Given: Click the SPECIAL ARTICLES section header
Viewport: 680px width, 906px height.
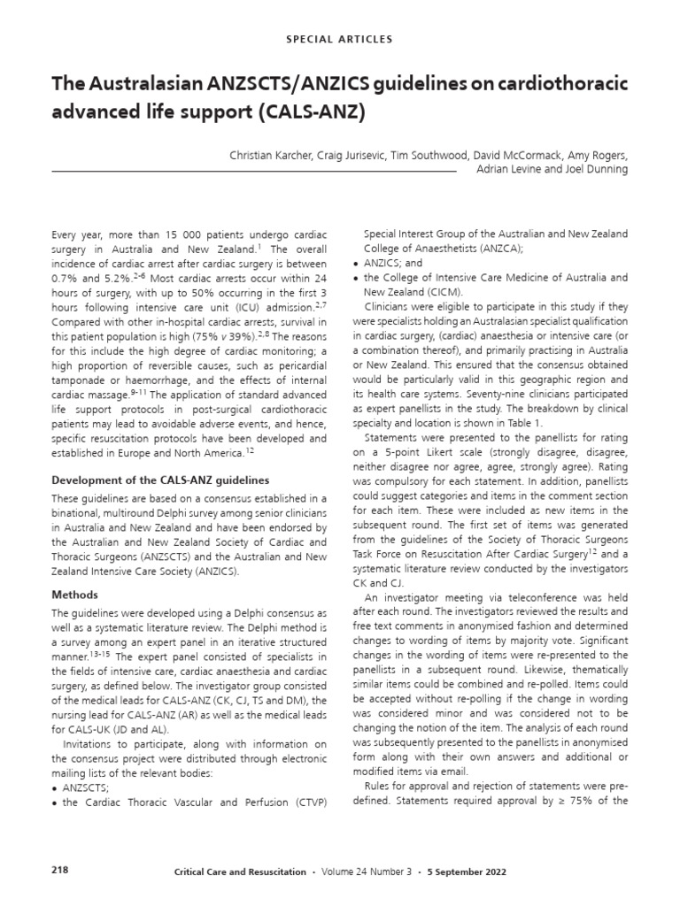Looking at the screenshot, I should pos(340,40).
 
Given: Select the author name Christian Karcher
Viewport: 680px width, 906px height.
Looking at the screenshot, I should pos(263,155).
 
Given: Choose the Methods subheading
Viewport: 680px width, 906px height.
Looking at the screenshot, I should pos(73,595).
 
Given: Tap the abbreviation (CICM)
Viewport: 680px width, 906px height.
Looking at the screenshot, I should pos(444,291).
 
